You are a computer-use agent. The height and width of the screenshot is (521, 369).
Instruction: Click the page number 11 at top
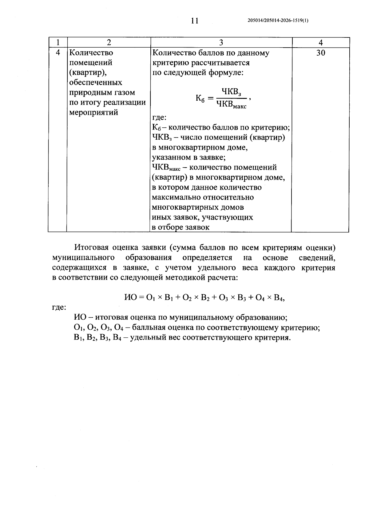(x=195, y=21)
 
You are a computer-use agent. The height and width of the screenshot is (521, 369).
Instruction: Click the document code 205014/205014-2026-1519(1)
(x=278, y=21)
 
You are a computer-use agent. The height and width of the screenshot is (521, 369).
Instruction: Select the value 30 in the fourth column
(x=320, y=53)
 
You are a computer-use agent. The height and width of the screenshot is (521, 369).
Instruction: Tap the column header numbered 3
(x=221, y=42)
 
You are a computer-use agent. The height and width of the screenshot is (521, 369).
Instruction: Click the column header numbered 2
(x=108, y=42)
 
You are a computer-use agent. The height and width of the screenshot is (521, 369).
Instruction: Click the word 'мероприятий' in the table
(x=94, y=112)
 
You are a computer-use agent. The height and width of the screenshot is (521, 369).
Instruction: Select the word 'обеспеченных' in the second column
(x=96, y=83)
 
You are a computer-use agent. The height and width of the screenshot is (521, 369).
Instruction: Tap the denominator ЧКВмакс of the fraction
(x=231, y=105)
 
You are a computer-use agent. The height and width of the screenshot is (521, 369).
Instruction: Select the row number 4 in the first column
(x=58, y=53)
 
